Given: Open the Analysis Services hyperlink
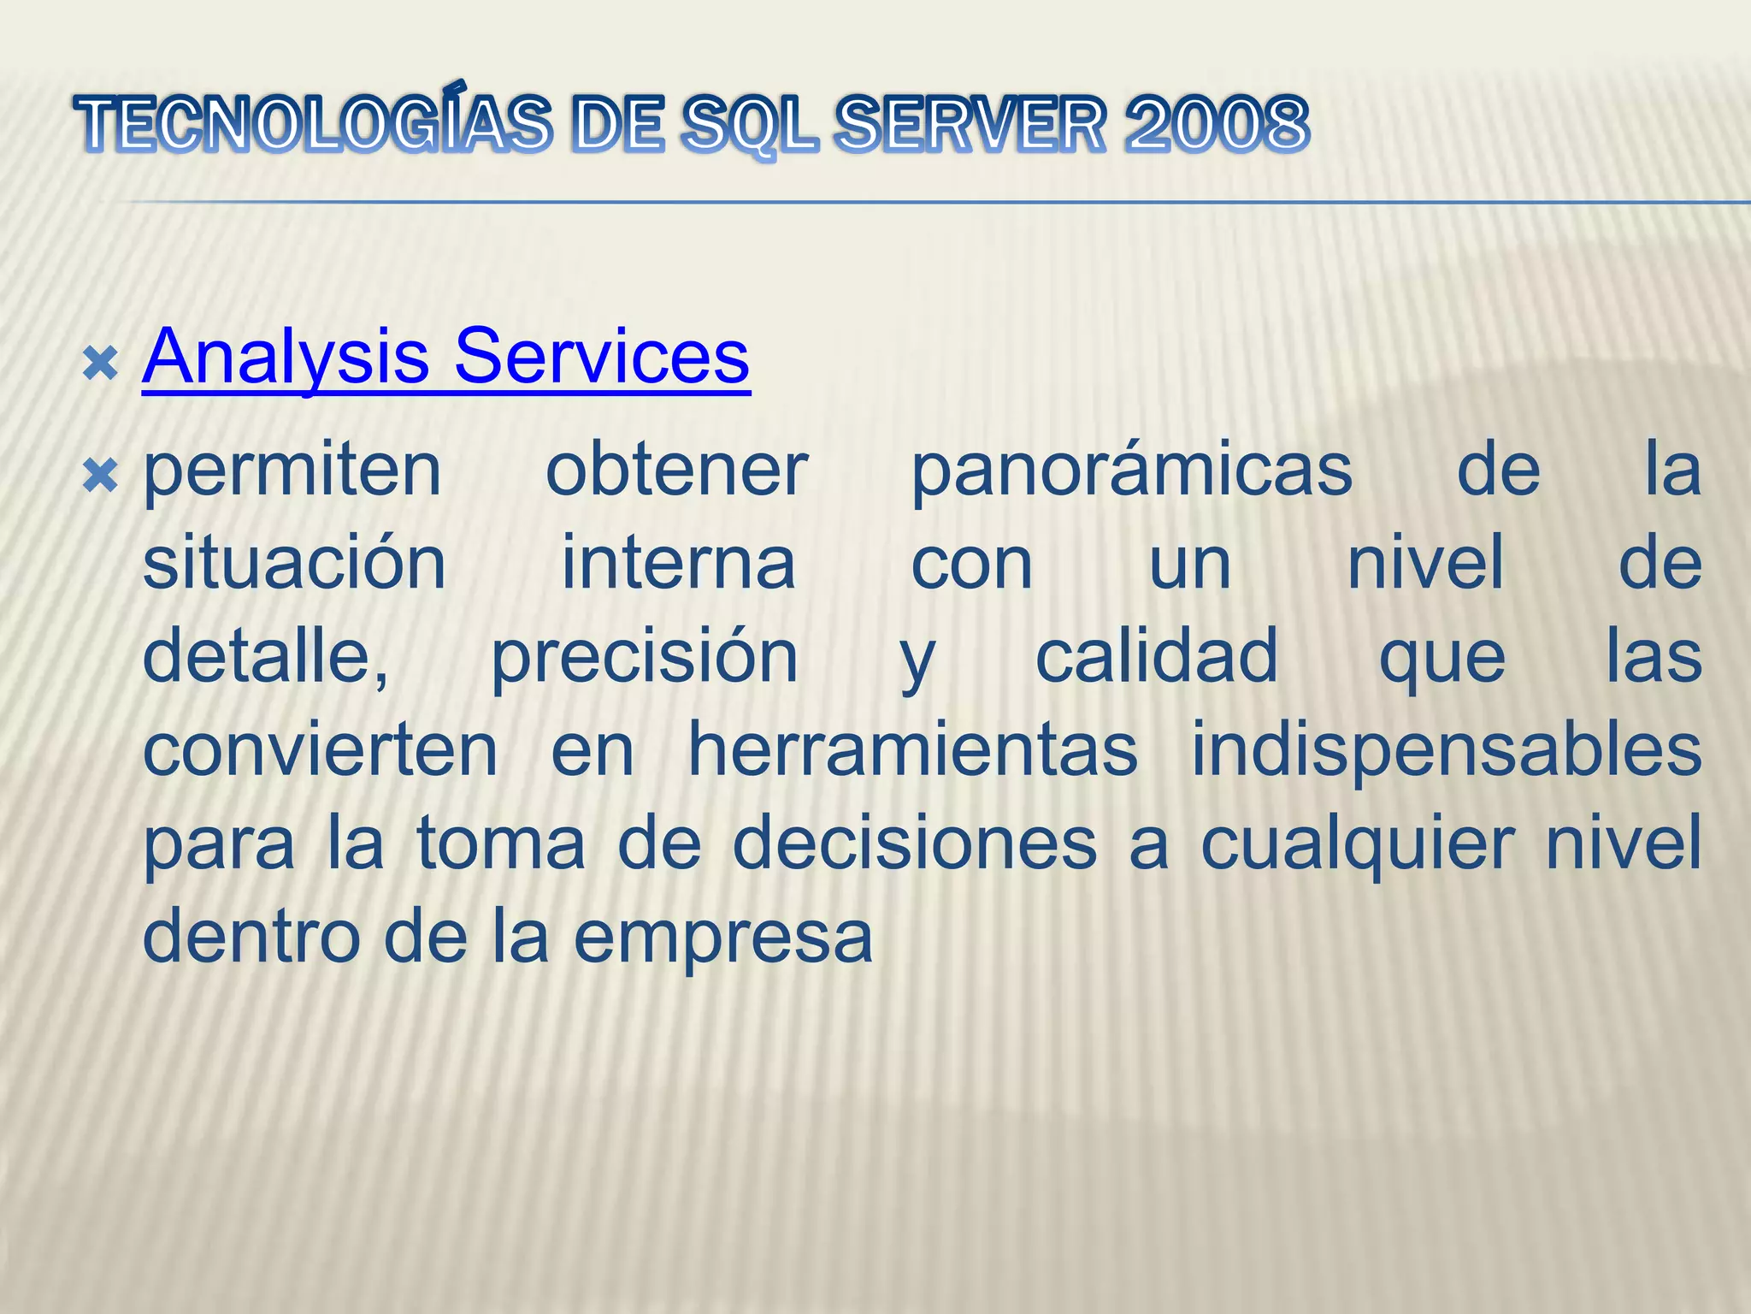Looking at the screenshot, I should point(445,357).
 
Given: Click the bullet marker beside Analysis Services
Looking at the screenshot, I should point(100,364).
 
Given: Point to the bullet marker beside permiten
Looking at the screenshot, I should point(100,476).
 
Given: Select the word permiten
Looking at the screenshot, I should point(292,471).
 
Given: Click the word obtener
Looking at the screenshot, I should point(676,471).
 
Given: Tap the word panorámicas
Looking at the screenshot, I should point(1131,471).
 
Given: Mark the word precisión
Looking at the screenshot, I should point(644,657).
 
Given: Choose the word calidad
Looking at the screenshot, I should point(1156,657).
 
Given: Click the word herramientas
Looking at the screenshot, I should point(912,750).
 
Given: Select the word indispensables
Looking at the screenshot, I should point(1446,750).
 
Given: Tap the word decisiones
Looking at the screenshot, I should point(915,844).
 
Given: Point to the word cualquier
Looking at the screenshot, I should point(1357,844).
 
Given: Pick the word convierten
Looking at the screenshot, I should point(320,750).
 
